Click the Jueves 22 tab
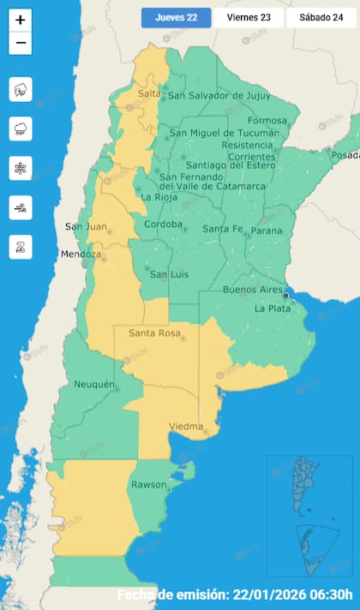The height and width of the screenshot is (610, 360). point(176,18)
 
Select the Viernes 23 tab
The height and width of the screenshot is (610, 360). point(248,18)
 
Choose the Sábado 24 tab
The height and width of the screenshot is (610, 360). point(321,18)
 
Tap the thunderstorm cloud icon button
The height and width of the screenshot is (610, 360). point(21,89)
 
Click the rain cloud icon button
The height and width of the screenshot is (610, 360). point(21,129)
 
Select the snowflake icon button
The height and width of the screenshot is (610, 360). point(21,168)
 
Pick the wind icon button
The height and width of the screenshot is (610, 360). point(21,207)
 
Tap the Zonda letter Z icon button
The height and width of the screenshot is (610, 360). point(21,247)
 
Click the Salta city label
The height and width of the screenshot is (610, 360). point(148,93)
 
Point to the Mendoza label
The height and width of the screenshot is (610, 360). point(81,254)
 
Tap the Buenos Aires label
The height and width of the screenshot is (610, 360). point(252,290)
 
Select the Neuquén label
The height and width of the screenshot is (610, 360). point(94,384)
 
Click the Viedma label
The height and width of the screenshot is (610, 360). point(186,426)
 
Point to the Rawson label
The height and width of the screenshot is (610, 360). point(148,485)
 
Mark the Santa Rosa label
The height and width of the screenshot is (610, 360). point(153,332)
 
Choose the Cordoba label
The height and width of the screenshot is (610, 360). point(163,225)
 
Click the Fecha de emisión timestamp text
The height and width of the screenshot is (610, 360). point(235,595)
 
